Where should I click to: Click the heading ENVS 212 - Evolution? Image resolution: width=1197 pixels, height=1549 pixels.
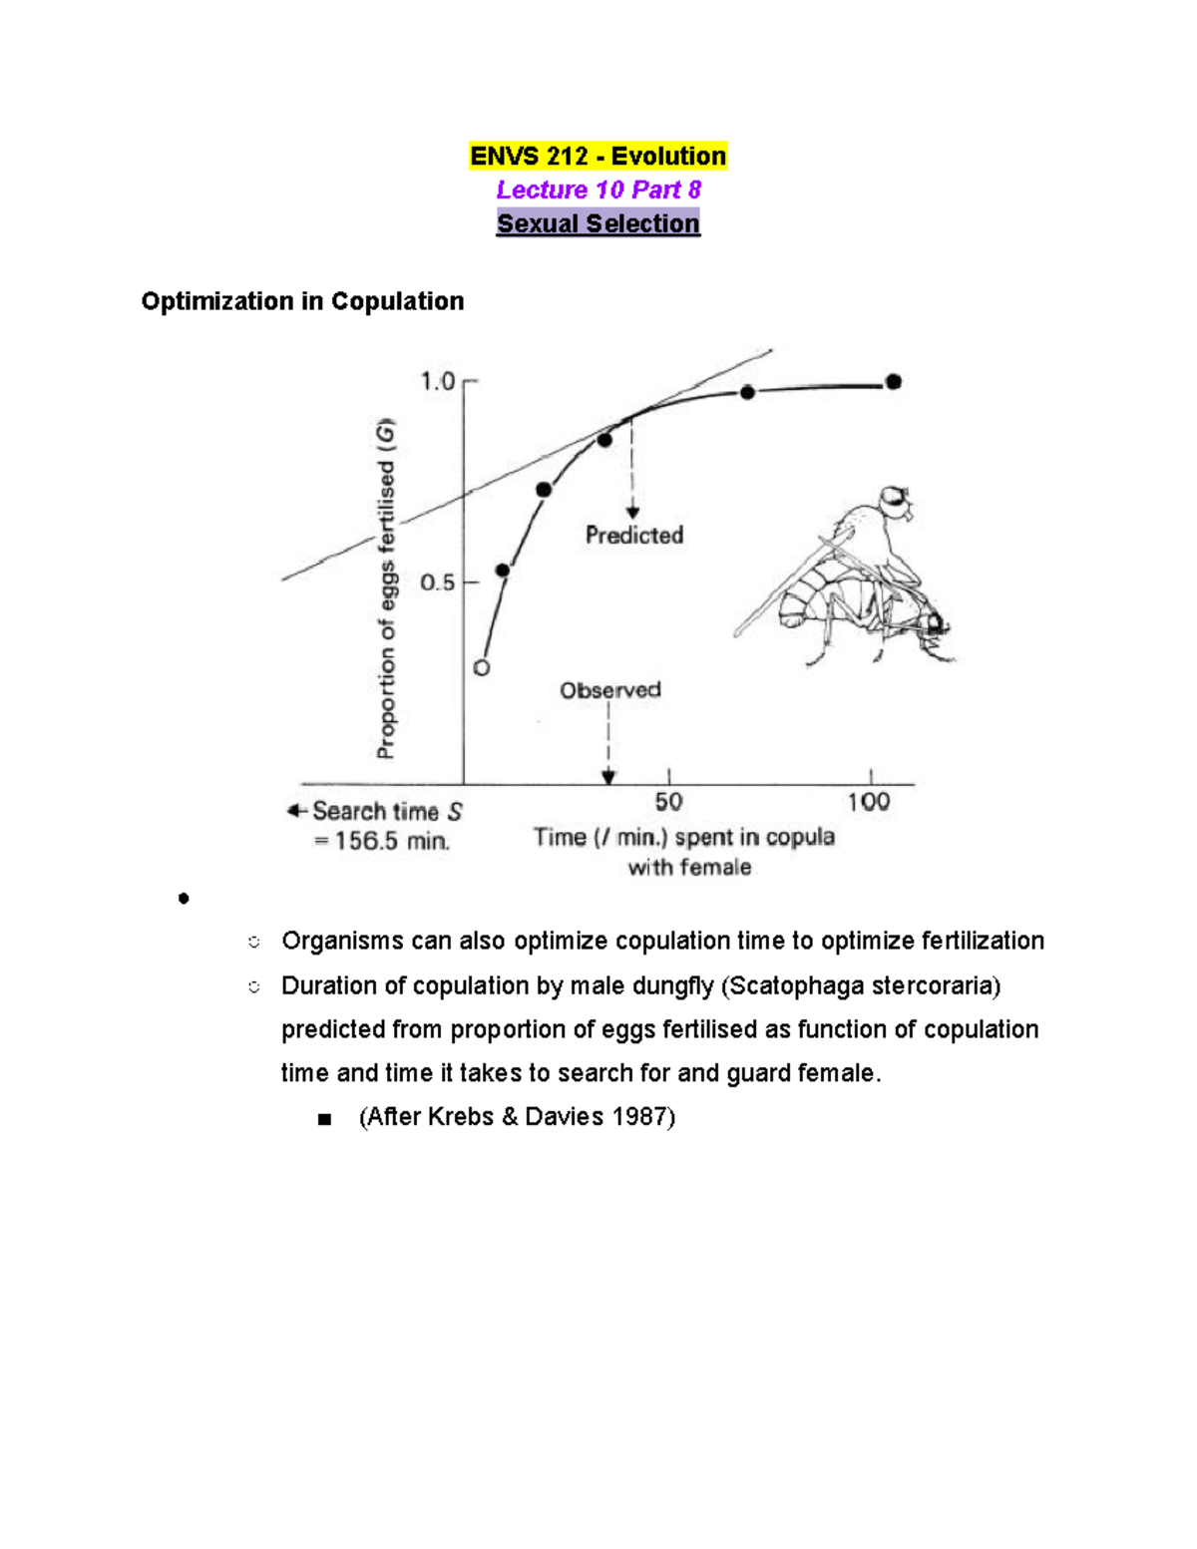click(598, 157)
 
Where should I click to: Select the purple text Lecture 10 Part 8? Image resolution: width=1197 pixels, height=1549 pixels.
click(598, 190)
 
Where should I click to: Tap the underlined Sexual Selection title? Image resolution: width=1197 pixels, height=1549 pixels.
click(598, 223)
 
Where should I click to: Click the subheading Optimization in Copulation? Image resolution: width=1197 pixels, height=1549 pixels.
click(302, 301)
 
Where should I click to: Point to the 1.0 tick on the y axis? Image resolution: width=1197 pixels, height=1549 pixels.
click(438, 381)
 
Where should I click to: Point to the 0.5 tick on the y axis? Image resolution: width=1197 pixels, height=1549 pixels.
click(438, 582)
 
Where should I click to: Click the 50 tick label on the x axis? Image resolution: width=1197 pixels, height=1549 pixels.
click(668, 802)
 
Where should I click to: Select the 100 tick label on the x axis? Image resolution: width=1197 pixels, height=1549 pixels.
click(869, 802)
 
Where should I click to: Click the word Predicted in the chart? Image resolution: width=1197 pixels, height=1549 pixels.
click(634, 536)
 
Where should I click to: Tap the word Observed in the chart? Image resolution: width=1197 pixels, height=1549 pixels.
click(609, 690)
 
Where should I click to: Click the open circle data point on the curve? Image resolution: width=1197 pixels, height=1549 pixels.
click(482, 668)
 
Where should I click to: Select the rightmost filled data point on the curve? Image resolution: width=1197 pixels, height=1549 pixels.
click(894, 381)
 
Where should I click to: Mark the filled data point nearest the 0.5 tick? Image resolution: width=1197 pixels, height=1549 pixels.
click(503, 571)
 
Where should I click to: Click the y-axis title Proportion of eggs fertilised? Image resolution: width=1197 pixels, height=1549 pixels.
click(386, 588)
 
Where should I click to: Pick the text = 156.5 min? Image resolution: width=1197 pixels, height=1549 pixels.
click(382, 841)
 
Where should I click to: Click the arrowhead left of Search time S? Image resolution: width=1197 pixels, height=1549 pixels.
click(295, 811)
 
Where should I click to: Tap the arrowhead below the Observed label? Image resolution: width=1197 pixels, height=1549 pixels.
click(608, 777)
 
